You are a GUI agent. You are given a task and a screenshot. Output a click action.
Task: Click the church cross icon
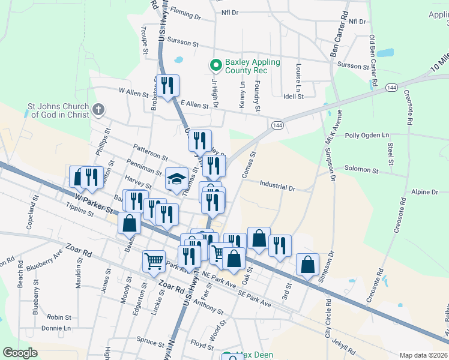click(99, 110)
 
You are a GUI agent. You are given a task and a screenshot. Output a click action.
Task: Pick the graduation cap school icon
click(176, 179)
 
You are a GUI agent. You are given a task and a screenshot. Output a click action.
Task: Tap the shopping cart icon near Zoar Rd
click(154, 261)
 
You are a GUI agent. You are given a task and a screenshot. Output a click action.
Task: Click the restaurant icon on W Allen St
click(167, 85)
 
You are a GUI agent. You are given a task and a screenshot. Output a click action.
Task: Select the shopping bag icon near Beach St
click(130, 223)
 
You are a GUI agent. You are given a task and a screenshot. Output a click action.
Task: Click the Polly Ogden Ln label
click(367, 136)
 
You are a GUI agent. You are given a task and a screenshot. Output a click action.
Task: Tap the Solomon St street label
click(361, 170)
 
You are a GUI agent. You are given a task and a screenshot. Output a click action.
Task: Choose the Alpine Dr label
click(426, 192)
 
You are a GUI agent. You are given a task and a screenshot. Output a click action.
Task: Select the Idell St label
click(294, 96)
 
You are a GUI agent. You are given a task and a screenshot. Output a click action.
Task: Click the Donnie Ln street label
click(56, 328)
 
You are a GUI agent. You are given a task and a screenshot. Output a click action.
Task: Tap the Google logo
click(20, 353)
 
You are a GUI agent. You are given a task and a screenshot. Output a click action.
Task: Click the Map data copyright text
click(423, 355)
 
